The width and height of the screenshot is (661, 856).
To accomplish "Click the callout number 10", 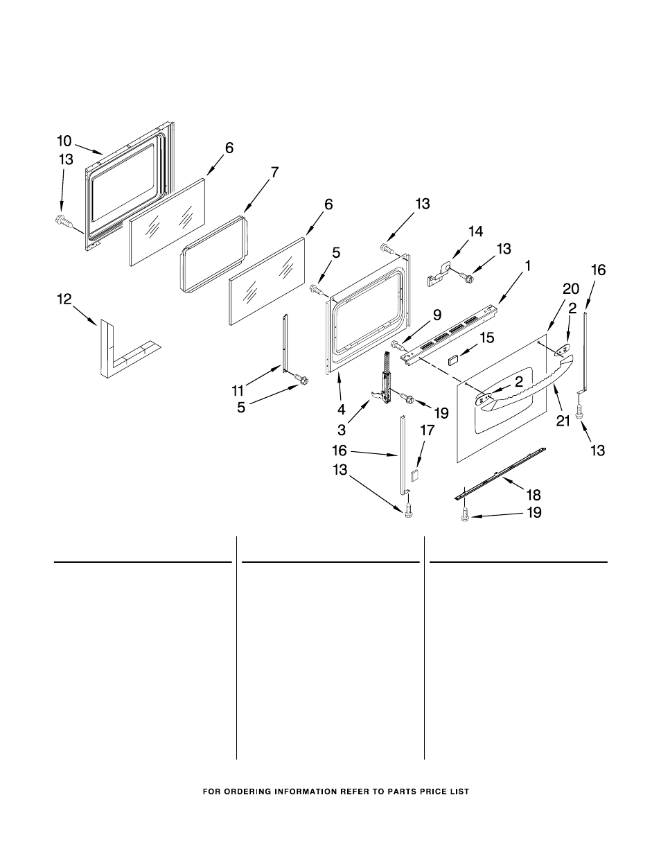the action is tap(64, 141).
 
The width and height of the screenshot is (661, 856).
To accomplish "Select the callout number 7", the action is tap(274, 172).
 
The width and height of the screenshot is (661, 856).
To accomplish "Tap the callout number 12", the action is tap(64, 299).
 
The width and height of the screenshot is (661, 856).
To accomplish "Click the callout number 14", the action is tap(475, 232).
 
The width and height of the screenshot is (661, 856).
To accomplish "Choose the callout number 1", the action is tap(527, 266).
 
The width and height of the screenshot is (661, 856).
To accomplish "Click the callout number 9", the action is tap(437, 315).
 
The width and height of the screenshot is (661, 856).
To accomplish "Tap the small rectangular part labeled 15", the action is tap(454, 359).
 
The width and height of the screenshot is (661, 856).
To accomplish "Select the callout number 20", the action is tap(571, 289).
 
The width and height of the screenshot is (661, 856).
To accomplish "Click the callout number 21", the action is tap(563, 421).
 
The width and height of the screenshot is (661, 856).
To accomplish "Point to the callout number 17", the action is tap(427, 430).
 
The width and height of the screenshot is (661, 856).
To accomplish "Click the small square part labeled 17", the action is tap(414, 474).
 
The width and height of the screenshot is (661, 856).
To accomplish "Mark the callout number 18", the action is tap(534, 495).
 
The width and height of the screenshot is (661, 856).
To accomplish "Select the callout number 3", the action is tap(342, 430).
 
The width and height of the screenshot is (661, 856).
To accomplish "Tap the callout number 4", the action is tap(342, 410).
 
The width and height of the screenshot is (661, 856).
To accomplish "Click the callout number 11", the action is tap(238, 391).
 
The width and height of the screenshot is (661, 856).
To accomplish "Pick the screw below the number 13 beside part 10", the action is tap(64, 221).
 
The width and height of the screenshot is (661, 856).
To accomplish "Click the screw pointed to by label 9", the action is tap(398, 347).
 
